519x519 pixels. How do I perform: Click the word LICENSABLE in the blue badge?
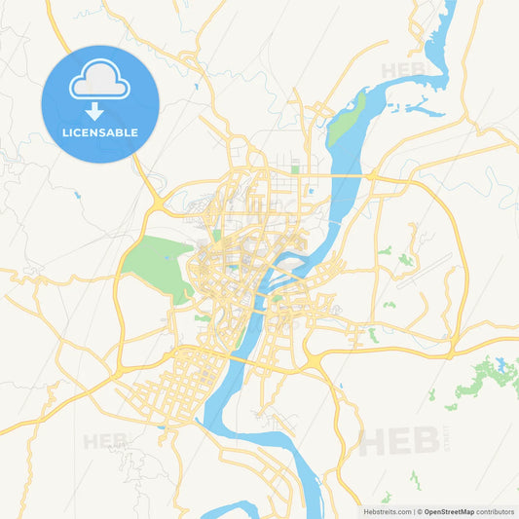(x=99, y=132)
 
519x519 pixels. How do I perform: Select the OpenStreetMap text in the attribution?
(x=449, y=511)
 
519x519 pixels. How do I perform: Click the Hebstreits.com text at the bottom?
(x=387, y=511)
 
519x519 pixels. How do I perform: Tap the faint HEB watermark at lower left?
(x=104, y=441)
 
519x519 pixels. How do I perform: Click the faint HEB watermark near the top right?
(x=402, y=70)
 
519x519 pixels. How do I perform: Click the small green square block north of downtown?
(x=294, y=169)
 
